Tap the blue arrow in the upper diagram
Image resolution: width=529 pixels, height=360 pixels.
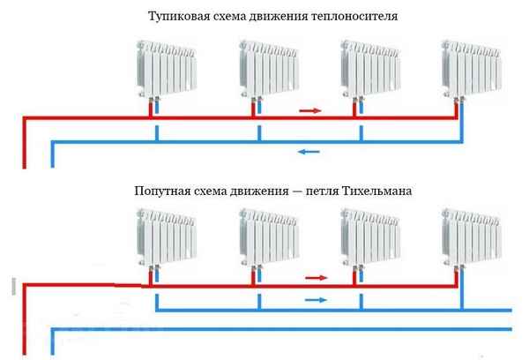[x=309, y=152]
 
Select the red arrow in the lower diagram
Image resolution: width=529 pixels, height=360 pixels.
[x=315, y=277]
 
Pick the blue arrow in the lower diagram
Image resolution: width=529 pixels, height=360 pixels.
[x=315, y=300]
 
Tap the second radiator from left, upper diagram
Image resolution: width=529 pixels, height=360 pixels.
[x=267, y=71]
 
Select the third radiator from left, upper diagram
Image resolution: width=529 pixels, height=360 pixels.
[x=369, y=71]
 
